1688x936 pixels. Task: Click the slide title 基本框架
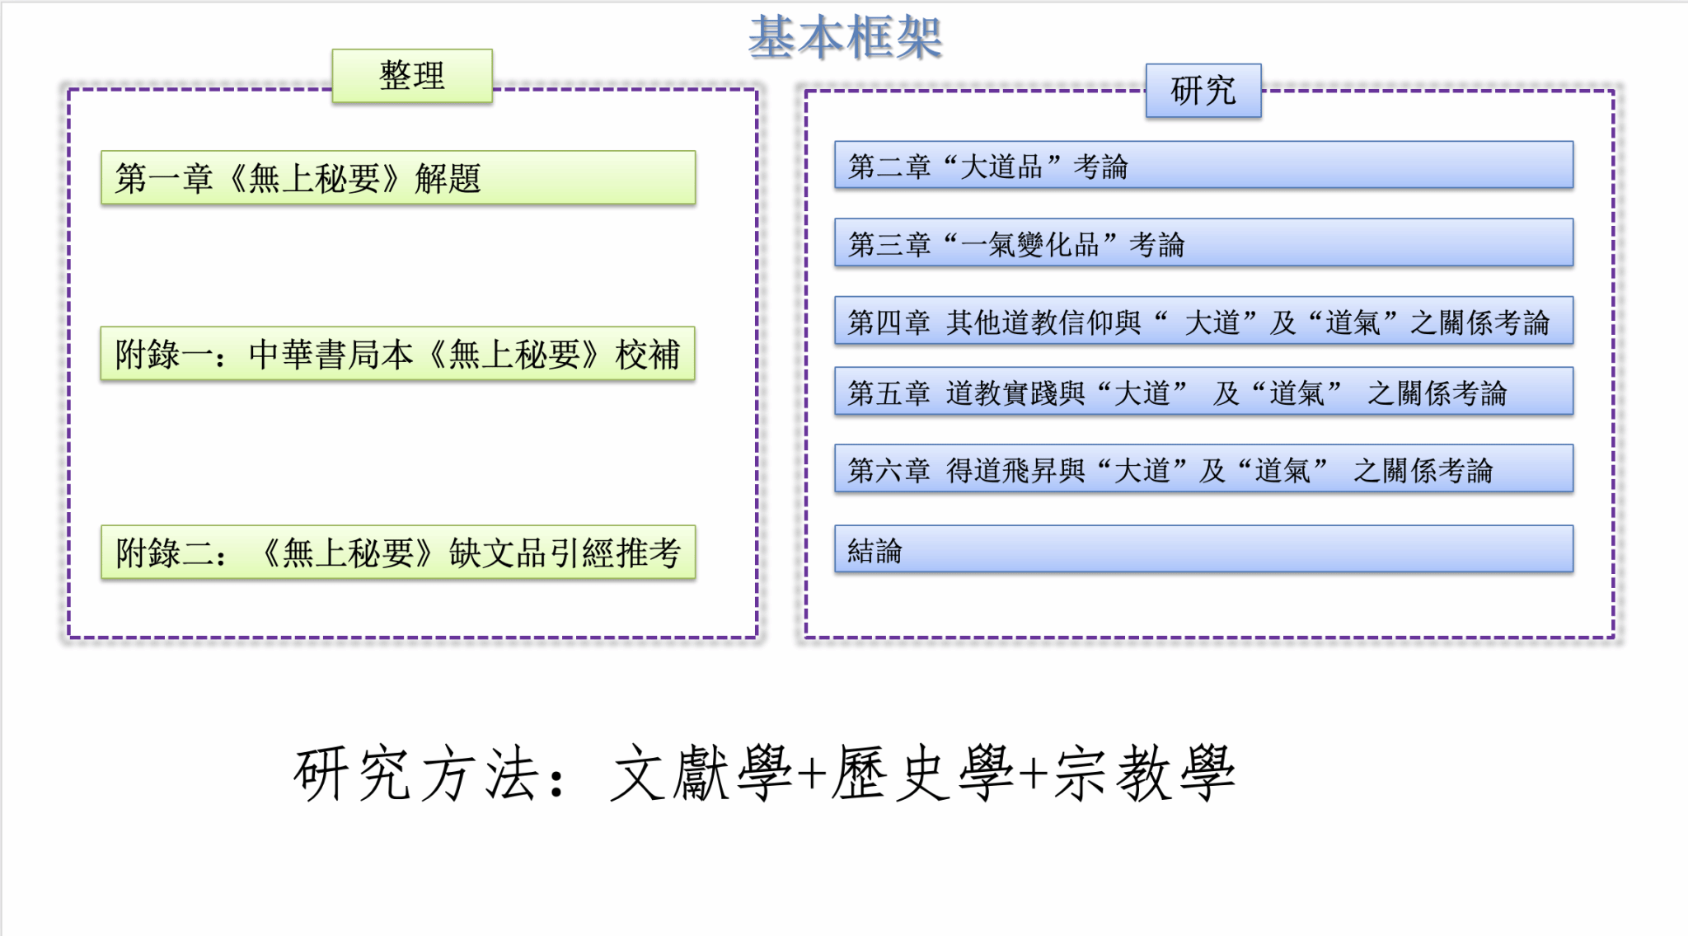tap(845, 37)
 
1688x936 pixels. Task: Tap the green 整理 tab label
tap(412, 76)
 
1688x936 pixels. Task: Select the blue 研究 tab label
tap(1203, 91)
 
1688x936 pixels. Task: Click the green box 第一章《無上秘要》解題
tap(398, 177)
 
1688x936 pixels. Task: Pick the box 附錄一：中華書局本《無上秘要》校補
tap(398, 354)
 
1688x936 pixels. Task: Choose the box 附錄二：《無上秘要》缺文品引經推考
tap(398, 552)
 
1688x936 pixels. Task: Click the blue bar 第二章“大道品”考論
tap(1203, 165)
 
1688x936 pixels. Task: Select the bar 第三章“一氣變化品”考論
tap(1203, 242)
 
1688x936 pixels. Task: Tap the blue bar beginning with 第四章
tap(1203, 320)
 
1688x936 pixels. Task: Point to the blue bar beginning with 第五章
tap(1203, 391)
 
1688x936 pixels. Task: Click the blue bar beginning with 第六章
tap(1203, 468)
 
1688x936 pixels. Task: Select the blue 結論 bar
tap(1203, 548)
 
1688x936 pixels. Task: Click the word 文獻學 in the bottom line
tap(701, 774)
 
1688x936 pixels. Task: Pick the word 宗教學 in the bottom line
tap(1145, 774)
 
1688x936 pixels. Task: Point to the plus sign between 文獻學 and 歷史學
tap(813, 775)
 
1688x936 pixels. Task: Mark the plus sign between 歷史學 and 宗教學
tap(1034, 775)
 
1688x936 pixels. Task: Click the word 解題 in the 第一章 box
tap(448, 178)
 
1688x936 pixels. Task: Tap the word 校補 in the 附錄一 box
tap(648, 355)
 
